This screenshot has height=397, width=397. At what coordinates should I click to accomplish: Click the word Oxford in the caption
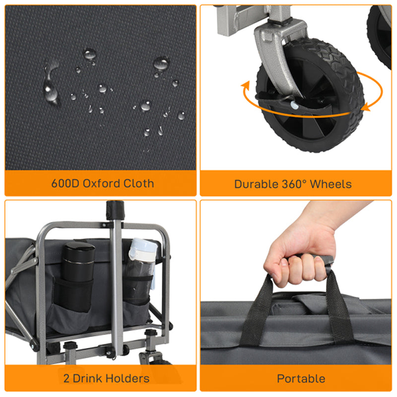(101, 183)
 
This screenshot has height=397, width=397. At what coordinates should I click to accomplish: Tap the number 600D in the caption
(66, 183)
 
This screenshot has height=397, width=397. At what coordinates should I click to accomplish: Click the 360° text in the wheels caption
(294, 184)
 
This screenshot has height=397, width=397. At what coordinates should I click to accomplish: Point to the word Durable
(256, 184)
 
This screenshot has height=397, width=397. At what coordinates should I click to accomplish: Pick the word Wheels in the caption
(331, 184)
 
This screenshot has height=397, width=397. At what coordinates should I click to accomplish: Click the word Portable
(301, 379)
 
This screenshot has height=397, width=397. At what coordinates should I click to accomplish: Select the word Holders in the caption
(128, 379)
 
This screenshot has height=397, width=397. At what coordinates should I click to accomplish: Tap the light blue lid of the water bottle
(142, 249)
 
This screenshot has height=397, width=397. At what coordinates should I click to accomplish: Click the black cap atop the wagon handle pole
(115, 210)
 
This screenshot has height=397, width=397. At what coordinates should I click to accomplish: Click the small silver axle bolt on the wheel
(294, 105)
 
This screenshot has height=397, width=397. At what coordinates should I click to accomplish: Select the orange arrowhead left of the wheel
(246, 87)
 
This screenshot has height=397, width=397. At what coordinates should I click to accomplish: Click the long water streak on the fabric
(51, 83)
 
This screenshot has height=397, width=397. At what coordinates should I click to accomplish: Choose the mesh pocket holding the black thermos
(73, 295)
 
